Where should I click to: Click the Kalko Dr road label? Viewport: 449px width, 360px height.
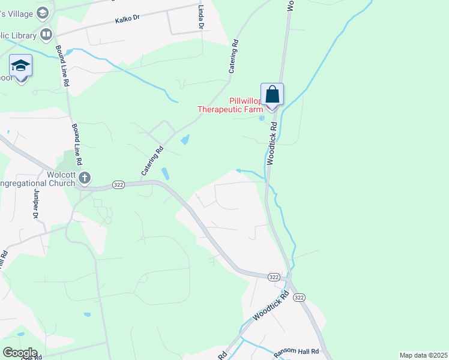point(128,20)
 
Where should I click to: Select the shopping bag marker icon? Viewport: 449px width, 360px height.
point(272,94)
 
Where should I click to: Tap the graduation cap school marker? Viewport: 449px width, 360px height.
point(21,66)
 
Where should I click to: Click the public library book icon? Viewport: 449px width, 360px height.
point(46,34)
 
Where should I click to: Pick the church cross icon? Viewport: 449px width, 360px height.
point(85,178)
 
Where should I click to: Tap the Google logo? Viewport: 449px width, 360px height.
point(19,353)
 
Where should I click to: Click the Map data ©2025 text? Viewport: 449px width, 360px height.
point(423,355)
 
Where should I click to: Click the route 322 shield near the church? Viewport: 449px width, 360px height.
point(118,185)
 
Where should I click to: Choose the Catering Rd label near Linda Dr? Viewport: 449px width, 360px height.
point(234,57)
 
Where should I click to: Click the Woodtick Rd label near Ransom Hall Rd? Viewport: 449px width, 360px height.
point(271,305)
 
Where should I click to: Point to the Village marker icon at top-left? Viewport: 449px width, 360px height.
point(42,12)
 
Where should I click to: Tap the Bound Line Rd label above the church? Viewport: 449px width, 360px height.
point(76,145)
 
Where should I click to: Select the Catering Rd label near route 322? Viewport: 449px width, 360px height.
point(152,162)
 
